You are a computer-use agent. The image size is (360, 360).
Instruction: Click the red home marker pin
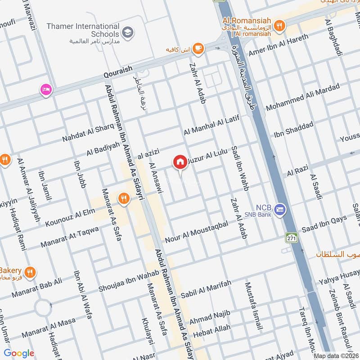tap(180, 162)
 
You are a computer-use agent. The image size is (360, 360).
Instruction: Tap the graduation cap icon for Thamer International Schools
tap(128, 32)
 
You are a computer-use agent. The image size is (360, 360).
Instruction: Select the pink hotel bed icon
tap(46, 90)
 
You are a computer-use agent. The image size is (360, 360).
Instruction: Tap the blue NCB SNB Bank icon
tap(280, 210)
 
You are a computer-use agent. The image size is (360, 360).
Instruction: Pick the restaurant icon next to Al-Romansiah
tap(280, 26)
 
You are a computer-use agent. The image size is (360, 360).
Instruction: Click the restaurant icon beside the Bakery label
tap(30, 271)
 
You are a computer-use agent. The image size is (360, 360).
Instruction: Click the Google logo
tap(19, 353)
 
